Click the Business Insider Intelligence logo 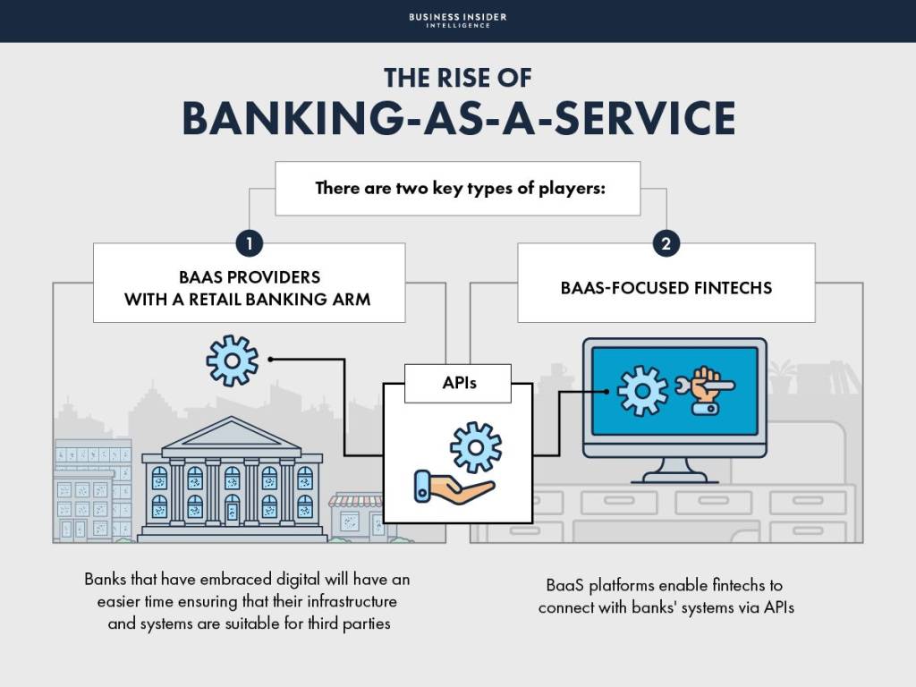point(457,20)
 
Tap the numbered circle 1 point(249,243)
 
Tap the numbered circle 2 point(666,243)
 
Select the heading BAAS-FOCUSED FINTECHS point(666,288)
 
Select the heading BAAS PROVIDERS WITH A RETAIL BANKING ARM point(248,287)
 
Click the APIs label point(459,384)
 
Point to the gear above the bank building point(232,360)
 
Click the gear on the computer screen point(642,391)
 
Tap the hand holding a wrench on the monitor point(708,390)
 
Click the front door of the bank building point(233,510)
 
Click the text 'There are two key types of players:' point(457,189)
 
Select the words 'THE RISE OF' point(457,78)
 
